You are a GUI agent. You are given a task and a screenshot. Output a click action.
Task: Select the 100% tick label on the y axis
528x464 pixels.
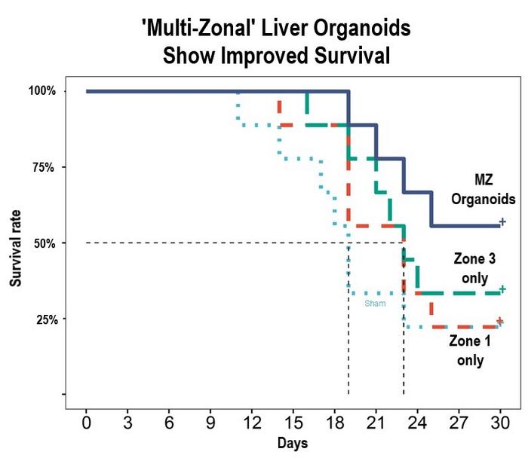[42, 91]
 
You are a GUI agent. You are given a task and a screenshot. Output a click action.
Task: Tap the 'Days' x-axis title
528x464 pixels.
[292, 442]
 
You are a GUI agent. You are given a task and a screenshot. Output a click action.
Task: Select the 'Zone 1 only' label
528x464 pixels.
[470, 350]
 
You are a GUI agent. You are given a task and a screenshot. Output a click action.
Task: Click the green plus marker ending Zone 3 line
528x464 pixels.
[502, 288]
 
